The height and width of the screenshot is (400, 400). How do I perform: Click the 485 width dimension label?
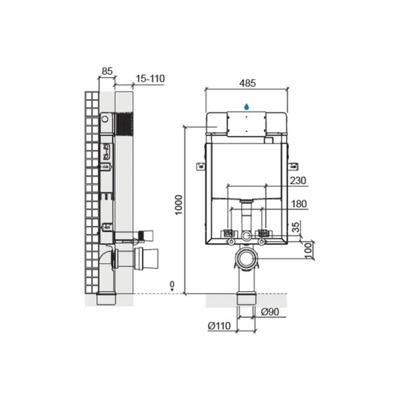[248, 83]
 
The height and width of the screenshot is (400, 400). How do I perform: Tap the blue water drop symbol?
[246, 107]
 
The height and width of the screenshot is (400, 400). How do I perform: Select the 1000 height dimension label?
[179, 205]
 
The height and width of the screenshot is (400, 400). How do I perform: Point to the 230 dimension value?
[298, 181]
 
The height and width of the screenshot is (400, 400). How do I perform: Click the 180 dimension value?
[299, 204]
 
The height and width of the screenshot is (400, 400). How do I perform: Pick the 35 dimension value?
[296, 227]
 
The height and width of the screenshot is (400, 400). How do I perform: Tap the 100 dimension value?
[308, 251]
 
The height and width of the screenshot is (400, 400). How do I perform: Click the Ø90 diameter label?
[270, 311]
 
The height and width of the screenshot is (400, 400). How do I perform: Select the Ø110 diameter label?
[219, 326]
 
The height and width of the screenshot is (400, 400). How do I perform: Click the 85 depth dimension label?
[107, 71]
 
